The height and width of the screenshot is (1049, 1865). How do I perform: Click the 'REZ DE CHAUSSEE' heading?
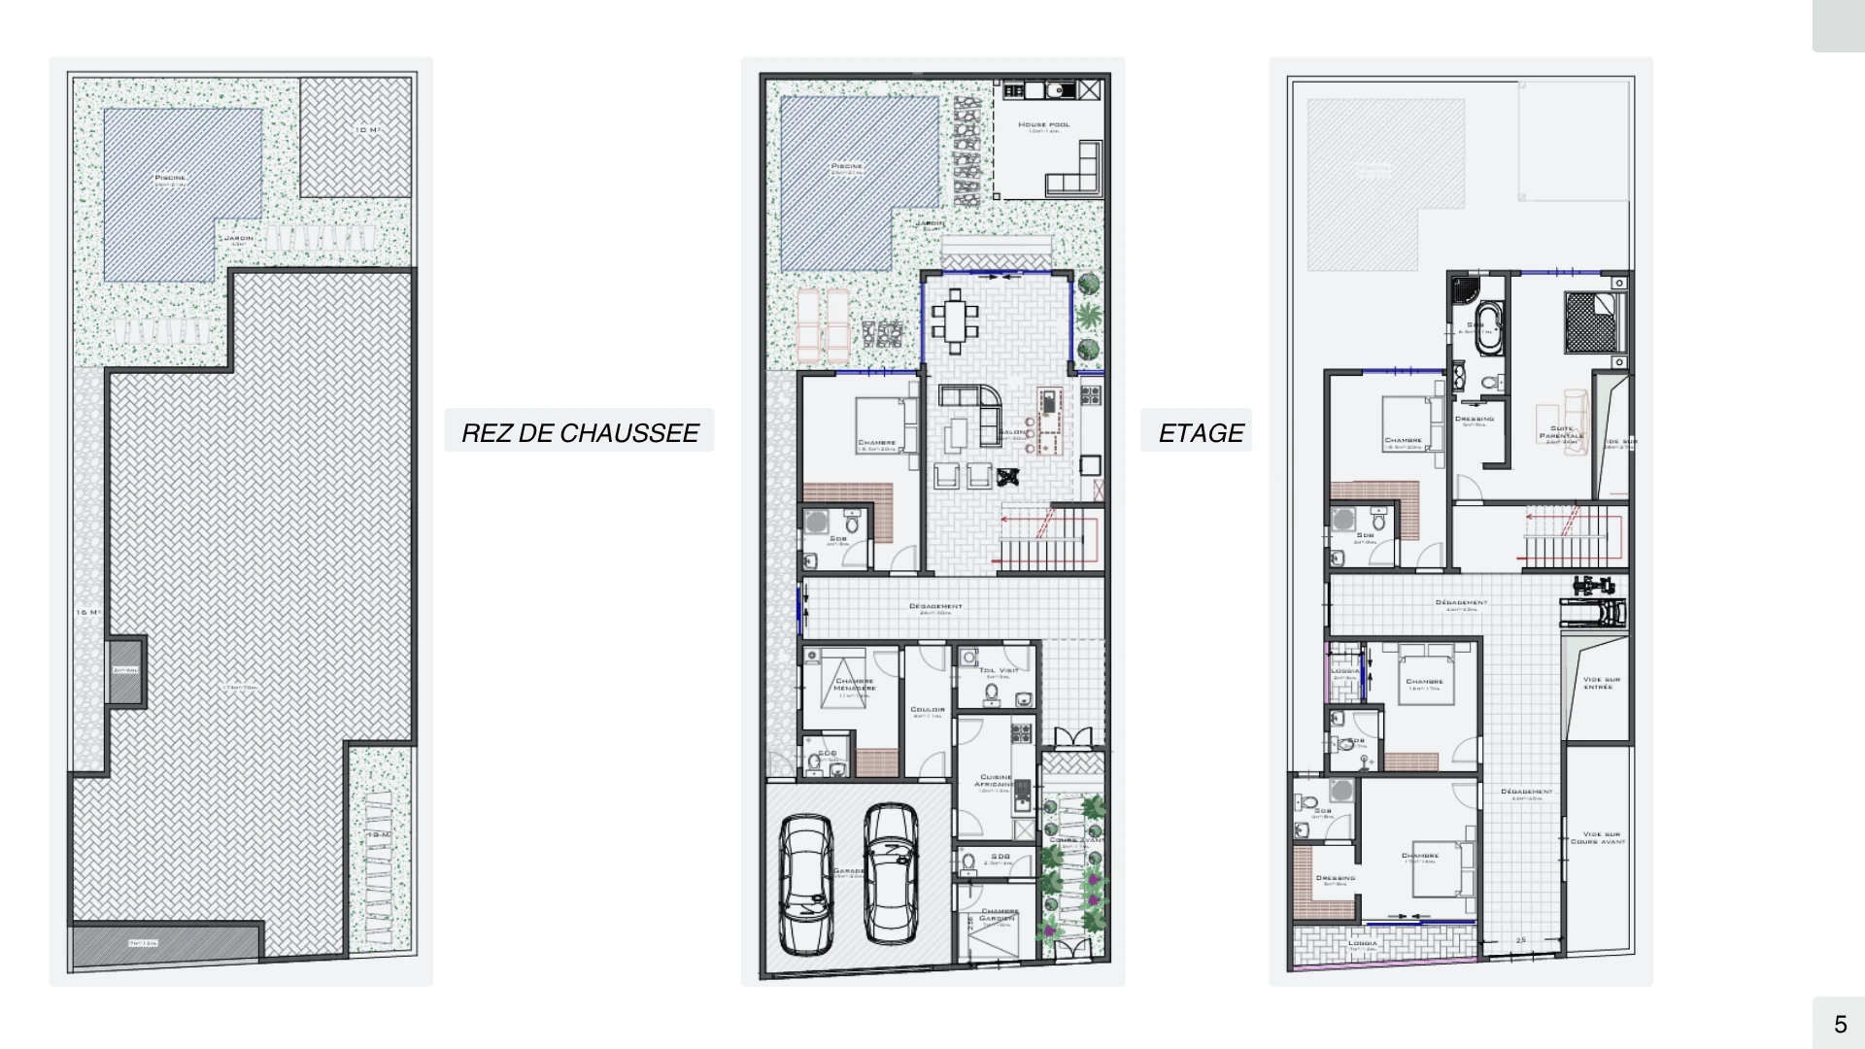(580, 432)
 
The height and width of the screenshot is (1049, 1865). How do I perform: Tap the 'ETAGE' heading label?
(1201, 432)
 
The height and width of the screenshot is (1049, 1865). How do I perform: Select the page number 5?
(1840, 1023)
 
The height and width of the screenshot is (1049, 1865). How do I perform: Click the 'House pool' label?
(1044, 125)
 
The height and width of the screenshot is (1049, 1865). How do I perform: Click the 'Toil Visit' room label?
(999, 671)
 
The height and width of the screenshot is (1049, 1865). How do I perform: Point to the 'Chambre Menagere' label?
(855, 684)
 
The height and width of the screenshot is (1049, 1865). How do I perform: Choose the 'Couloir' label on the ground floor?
(929, 710)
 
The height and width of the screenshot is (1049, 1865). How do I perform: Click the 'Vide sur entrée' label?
(1598, 683)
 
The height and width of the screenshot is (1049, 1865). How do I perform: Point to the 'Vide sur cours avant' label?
(1599, 837)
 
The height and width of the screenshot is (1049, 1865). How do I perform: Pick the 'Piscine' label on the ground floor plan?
(847, 166)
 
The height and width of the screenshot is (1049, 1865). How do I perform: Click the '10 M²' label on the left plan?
(366, 130)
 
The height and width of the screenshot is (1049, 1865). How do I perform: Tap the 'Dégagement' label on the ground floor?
(935, 607)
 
